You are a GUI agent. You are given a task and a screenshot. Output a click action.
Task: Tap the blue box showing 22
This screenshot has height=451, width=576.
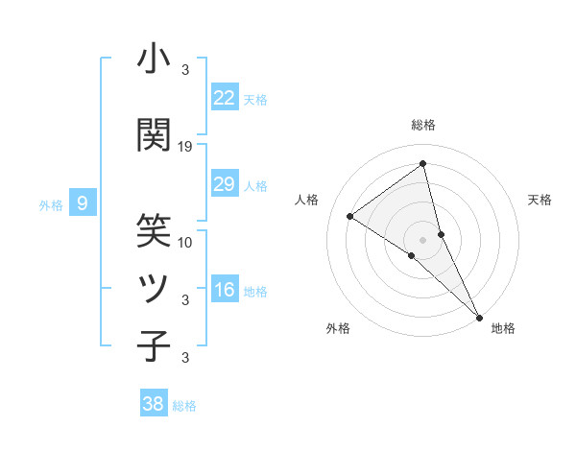point(224,98)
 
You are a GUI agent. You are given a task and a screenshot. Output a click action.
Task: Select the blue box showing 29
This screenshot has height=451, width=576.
point(224,184)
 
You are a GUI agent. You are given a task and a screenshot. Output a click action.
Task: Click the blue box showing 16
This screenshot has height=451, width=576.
point(224,291)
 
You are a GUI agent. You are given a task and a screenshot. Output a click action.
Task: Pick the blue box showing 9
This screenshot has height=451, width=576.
point(83,202)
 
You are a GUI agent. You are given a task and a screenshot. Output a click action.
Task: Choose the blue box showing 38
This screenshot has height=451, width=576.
point(153,404)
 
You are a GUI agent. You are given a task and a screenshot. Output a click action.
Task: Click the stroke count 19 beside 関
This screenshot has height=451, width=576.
point(185,146)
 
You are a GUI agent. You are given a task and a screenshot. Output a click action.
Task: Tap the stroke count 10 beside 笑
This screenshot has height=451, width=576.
point(185,242)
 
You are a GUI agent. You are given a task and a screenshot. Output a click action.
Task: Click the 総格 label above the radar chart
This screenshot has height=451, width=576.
point(422,125)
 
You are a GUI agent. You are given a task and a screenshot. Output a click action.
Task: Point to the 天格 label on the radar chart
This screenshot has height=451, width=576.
point(540,200)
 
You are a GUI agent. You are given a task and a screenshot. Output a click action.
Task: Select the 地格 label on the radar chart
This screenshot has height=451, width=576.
point(503,328)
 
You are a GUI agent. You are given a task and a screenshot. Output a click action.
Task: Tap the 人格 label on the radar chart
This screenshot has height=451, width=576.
point(306,200)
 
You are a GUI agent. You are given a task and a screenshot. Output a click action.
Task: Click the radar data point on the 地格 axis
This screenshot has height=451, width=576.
point(479,317)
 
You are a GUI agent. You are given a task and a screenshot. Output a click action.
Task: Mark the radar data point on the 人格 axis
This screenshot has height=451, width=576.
point(349,216)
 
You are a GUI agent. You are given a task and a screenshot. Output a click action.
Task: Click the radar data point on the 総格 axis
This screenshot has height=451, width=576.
point(422,164)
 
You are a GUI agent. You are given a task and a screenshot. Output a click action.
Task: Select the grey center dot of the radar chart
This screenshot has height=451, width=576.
point(422,239)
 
